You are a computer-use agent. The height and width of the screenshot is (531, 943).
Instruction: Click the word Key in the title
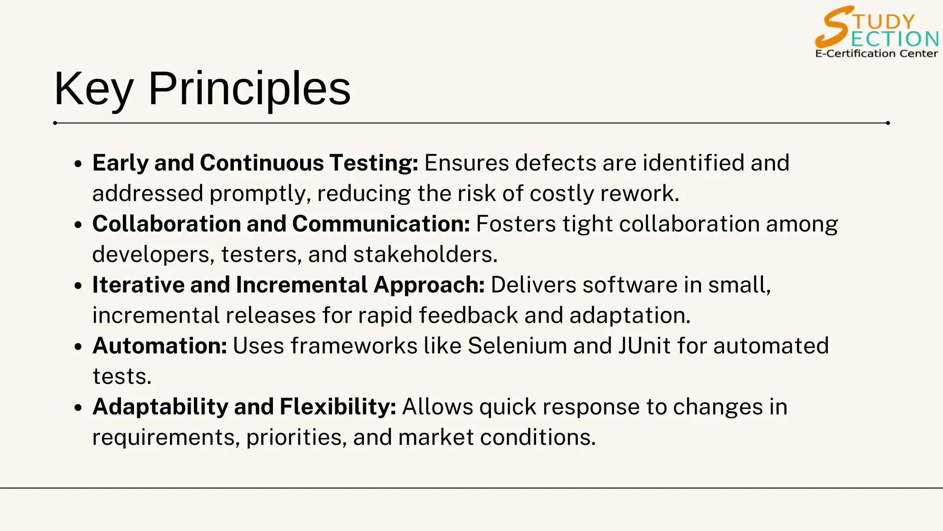tap(93, 89)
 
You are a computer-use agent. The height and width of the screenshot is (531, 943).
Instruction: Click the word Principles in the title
tap(249, 89)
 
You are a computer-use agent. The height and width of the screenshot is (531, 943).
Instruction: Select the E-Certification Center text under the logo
tap(876, 53)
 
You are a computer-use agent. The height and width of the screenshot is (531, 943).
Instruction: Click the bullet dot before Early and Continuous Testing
tap(78, 164)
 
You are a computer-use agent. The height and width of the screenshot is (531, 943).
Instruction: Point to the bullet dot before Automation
tap(78, 347)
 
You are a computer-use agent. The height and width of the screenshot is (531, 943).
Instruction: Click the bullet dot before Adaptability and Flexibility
tap(78, 407)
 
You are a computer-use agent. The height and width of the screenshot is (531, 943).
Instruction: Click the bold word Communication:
tap(381, 224)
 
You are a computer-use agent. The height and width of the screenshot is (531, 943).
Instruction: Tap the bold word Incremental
tap(301, 285)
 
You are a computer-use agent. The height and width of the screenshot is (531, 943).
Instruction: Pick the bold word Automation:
tap(160, 346)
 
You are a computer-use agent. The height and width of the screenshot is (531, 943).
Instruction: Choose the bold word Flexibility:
tap(338, 407)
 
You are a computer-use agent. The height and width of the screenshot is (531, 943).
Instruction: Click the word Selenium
tap(517, 346)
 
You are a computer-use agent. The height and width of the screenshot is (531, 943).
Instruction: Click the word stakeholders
tap(425, 254)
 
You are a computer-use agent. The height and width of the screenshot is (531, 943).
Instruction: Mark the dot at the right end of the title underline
tap(888, 123)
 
